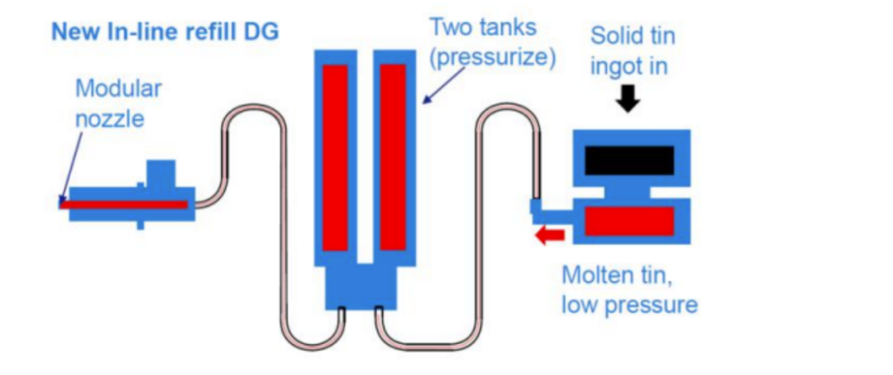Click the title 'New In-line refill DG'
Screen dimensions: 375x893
165,32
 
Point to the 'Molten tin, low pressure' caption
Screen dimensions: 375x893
629,289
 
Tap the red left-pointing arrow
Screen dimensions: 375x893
549,236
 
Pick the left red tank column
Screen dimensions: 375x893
335,157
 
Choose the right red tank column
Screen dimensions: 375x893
393,157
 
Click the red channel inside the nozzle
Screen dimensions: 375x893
124,204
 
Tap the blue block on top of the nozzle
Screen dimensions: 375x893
160,174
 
